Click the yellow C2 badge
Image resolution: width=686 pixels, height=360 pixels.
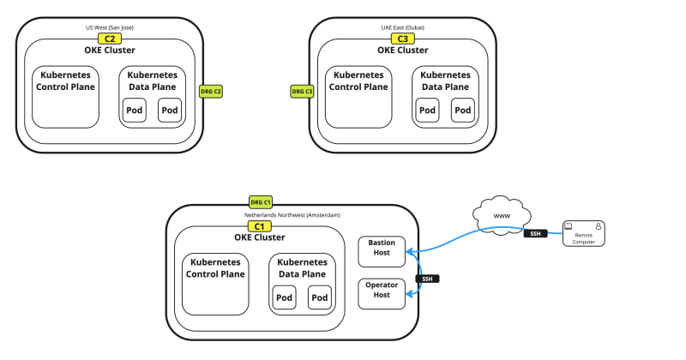click(109, 39)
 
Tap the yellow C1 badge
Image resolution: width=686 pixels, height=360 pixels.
click(259, 226)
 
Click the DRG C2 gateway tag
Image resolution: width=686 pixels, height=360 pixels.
click(211, 91)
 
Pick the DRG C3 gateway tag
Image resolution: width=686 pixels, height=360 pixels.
click(302, 91)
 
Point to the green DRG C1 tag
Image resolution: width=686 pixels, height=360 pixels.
click(261, 201)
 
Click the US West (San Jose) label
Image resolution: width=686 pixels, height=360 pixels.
click(109, 27)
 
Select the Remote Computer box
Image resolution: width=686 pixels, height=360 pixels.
click(583, 234)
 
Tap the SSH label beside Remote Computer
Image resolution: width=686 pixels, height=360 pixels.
click(533, 233)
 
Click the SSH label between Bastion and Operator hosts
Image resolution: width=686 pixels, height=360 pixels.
click(427, 279)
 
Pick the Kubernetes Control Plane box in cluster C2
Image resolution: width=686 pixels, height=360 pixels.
click(67, 95)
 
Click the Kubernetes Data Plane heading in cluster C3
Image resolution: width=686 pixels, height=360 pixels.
click(445, 81)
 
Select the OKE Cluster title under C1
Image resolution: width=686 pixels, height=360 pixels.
click(259, 237)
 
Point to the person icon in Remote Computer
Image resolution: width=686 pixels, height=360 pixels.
click(599, 226)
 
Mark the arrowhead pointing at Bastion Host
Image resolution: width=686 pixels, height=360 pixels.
click(412, 251)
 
